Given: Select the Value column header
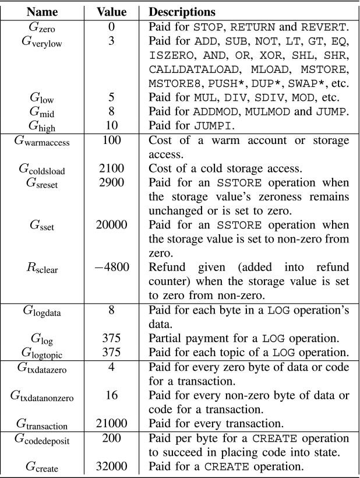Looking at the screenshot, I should click(111, 11).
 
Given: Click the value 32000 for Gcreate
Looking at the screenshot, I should click(111, 468).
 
